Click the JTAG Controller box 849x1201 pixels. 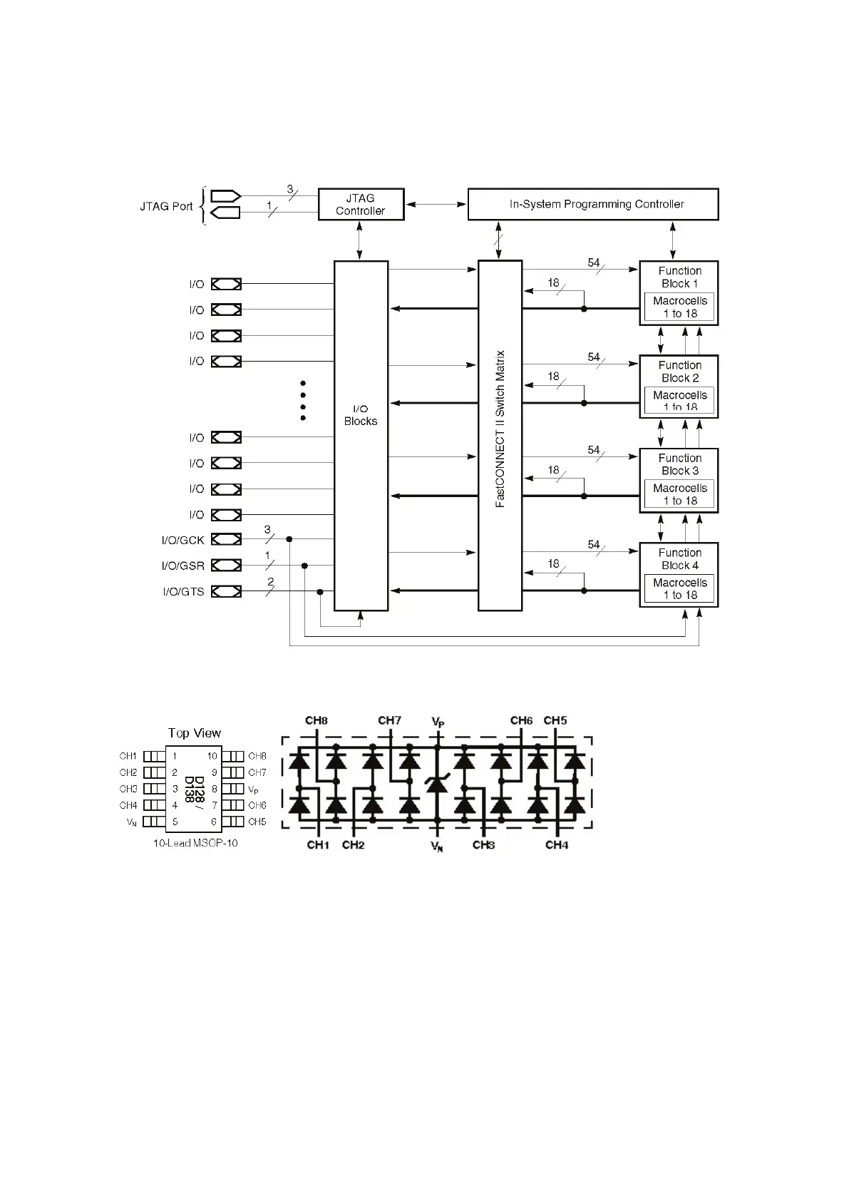tap(361, 205)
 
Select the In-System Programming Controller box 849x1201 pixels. tap(592, 205)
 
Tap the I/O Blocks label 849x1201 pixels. tap(361, 415)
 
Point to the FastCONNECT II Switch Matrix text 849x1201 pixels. tap(500, 429)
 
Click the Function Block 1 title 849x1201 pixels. tap(679, 277)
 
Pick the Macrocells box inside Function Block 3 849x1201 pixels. tap(679, 494)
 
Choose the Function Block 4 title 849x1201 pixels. tap(679, 559)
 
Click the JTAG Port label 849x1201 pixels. tap(166, 207)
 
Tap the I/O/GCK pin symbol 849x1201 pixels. tap(227, 540)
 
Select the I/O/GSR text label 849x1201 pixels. tap(183, 566)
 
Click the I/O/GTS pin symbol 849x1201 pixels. tap(227, 591)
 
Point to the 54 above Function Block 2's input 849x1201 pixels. tap(594, 357)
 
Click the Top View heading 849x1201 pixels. tap(195, 733)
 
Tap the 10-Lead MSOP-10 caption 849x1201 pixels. tap(196, 843)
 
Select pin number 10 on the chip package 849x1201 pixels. tap(212, 756)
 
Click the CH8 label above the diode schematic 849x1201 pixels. tap(317, 720)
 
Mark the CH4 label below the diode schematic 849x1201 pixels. tap(557, 845)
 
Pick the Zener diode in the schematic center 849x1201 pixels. tap(436, 785)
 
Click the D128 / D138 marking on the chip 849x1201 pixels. tap(190, 789)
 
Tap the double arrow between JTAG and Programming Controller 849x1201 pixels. tap(436, 205)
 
